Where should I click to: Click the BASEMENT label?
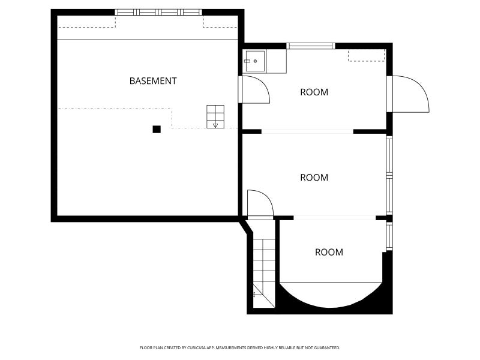click(x=153, y=81)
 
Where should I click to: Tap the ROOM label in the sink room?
click(x=314, y=92)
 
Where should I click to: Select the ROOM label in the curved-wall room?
click(x=329, y=252)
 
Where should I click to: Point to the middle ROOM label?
click(x=314, y=178)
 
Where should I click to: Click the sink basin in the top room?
click(x=254, y=61)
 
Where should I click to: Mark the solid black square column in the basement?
click(x=157, y=129)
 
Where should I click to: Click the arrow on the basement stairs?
click(x=215, y=125)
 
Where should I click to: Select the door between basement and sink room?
click(x=254, y=89)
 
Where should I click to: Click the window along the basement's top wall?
click(x=158, y=12)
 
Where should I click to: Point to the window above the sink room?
click(x=311, y=46)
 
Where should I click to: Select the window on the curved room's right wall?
click(x=389, y=236)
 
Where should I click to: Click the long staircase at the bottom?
click(x=264, y=273)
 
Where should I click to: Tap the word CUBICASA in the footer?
click(x=200, y=348)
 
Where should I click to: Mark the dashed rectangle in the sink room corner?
click(x=366, y=56)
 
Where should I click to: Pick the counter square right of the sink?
click(x=276, y=62)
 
